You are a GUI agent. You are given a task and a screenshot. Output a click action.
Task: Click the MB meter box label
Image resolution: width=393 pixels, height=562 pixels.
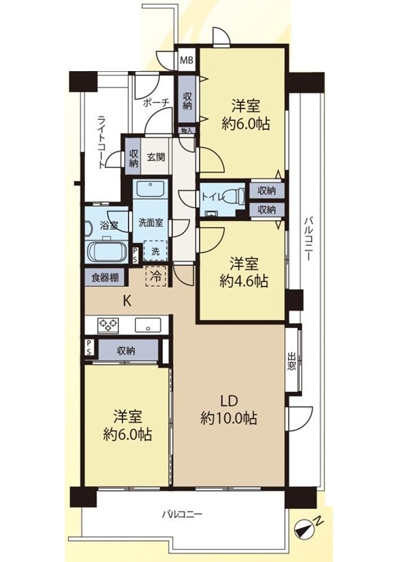pyautogui.click(x=187, y=60)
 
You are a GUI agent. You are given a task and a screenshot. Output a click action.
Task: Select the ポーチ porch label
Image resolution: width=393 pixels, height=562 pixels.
pyautogui.click(x=156, y=103)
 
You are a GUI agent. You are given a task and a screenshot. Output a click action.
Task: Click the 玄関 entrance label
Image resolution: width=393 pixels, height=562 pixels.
pyautogui.click(x=156, y=157)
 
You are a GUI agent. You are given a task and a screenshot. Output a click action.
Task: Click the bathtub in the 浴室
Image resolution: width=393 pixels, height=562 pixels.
pyautogui.click(x=107, y=252)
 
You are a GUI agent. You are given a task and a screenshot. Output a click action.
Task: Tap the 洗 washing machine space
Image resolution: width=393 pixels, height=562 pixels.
pyautogui.click(x=155, y=250)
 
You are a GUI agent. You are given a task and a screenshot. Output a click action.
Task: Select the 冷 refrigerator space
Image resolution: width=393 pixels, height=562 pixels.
pyautogui.click(x=156, y=276)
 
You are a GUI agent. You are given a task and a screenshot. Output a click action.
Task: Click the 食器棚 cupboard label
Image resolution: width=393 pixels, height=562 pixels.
pyautogui.click(x=105, y=277)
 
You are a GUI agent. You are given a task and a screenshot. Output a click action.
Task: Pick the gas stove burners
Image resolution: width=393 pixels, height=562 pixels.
pyautogui.click(x=108, y=325)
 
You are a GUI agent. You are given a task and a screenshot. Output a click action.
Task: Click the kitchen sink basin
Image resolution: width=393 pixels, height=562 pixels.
pyautogui.click(x=147, y=325)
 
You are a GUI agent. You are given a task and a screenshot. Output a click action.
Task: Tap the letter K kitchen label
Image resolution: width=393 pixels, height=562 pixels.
pyautogui.click(x=127, y=301)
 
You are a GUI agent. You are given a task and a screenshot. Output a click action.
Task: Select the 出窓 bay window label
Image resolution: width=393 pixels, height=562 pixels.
pyautogui.click(x=291, y=361)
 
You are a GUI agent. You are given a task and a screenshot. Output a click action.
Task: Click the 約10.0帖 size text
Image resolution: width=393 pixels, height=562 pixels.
pyautogui.click(x=229, y=418)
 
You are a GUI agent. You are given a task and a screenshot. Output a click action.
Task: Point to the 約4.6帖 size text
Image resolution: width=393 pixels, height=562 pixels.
pyautogui.click(x=243, y=281)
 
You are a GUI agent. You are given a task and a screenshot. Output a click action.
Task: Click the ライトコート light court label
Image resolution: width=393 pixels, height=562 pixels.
pyautogui.click(x=103, y=142)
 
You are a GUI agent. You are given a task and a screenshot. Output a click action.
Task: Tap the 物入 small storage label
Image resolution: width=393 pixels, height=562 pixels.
pyautogui.click(x=187, y=130)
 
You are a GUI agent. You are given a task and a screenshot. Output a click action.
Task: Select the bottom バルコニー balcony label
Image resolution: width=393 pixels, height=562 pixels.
pyautogui.click(x=182, y=514)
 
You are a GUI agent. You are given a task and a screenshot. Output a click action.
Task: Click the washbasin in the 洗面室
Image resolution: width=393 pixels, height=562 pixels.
pyautogui.click(x=151, y=189)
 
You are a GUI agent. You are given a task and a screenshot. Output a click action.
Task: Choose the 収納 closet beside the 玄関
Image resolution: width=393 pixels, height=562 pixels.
pyautogui.click(x=133, y=158)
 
